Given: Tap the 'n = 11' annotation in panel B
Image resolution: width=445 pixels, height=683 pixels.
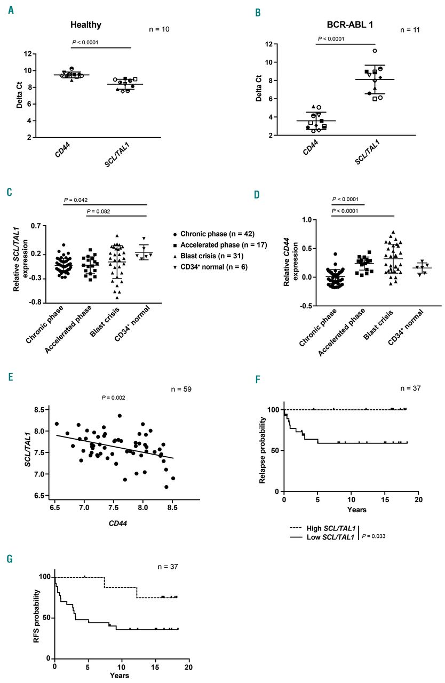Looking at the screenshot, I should tap(410, 29).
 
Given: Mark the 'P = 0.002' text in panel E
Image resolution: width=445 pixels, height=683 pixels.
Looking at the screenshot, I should tap(115, 397).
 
